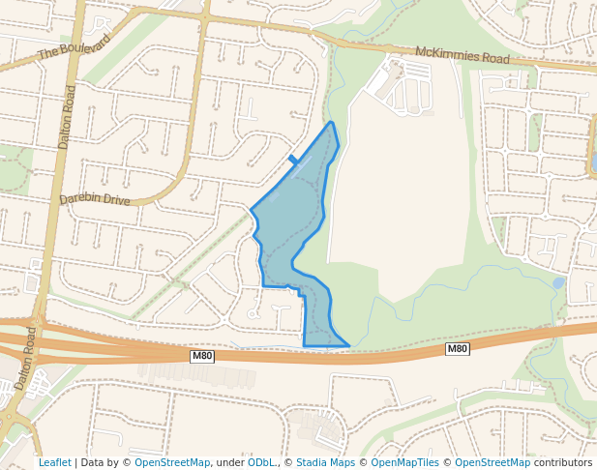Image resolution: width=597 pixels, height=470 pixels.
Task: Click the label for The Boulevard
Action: coord(75,46)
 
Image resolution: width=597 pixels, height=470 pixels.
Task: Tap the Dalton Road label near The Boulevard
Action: coord(67,116)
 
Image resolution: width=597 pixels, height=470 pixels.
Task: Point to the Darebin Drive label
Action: coord(94,199)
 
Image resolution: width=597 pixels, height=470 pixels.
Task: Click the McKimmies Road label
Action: coord(462,55)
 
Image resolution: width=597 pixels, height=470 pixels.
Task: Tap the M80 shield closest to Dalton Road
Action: coord(201,356)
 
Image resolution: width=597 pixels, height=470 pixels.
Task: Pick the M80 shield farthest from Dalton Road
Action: coord(457,348)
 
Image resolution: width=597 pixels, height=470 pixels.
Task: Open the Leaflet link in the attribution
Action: coord(54,463)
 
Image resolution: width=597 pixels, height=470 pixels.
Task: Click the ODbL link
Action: coord(261,463)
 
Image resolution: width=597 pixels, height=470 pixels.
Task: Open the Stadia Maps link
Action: coord(325,463)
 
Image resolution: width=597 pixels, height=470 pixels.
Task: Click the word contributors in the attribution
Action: coord(563,463)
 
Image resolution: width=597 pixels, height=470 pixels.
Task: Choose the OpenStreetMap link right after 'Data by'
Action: coord(171,463)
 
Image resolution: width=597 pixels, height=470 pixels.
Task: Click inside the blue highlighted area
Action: coord(290,232)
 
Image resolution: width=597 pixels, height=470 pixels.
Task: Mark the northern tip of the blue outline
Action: coord(332,123)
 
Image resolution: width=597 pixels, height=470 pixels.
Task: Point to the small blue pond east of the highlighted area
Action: coord(558,283)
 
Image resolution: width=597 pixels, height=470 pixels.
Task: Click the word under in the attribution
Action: coord(230,463)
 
